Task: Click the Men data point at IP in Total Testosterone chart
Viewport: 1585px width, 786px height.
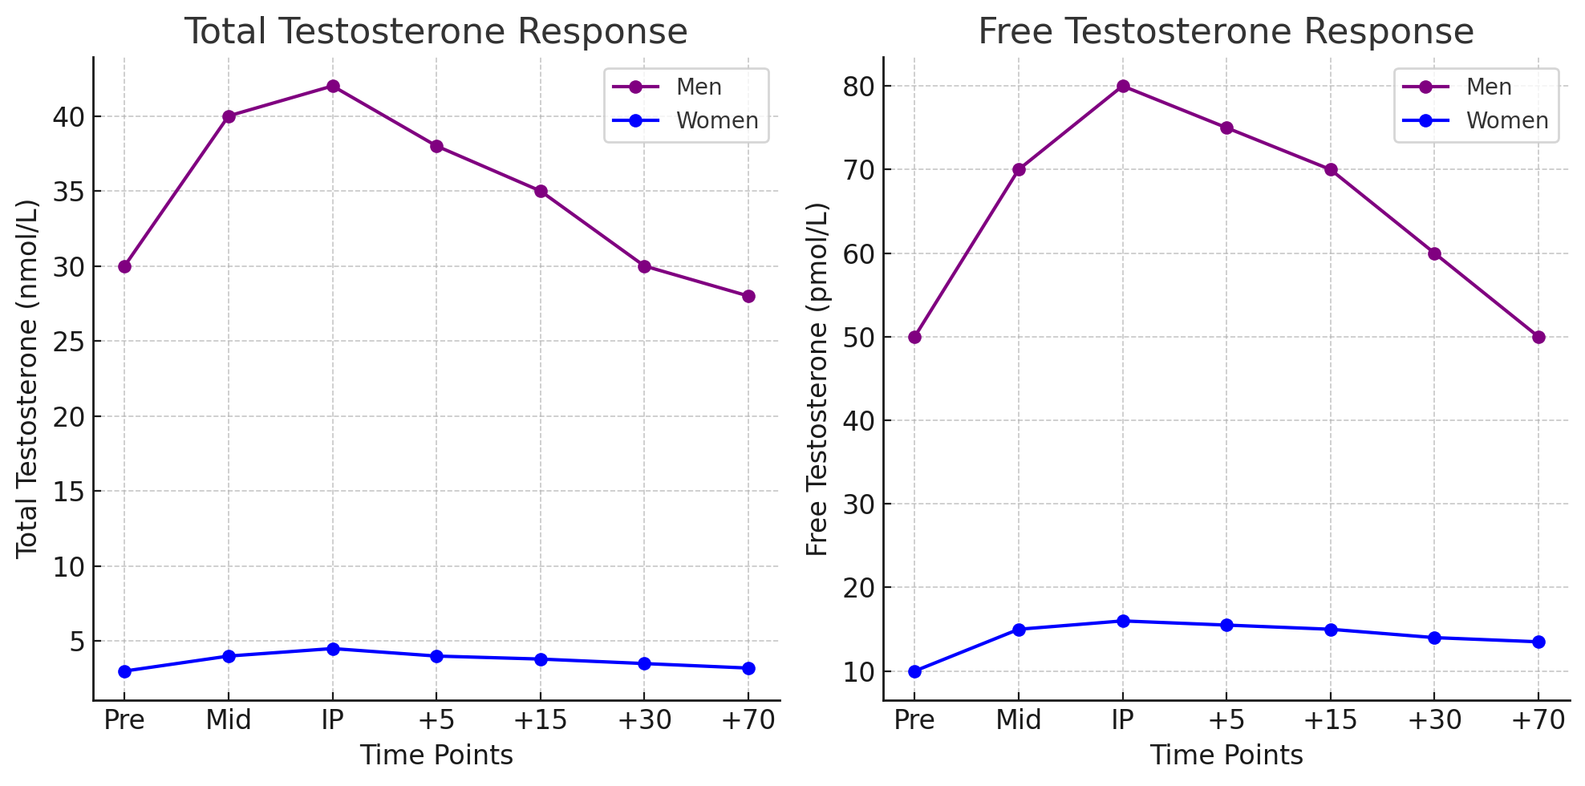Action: (x=333, y=87)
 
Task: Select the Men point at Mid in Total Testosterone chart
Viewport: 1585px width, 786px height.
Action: (x=229, y=116)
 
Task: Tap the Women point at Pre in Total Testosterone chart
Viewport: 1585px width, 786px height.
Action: (x=124, y=671)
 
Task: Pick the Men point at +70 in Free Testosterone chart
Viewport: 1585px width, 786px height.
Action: (x=1538, y=337)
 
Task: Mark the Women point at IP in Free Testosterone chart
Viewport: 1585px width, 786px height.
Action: (x=1123, y=621)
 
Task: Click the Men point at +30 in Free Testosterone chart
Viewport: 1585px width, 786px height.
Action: (x=1434, y=253)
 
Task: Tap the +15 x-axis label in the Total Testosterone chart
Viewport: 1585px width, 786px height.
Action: (x=540, y=720)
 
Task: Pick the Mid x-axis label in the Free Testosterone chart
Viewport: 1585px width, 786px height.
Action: (x=1019, y=720)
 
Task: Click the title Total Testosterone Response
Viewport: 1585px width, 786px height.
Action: (x=436, y=32)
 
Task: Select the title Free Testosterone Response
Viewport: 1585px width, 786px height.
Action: (x=1226, y=32)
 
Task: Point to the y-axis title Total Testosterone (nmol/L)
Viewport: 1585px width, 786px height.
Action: (x=27, y=379)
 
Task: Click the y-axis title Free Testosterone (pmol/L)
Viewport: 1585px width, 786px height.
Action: (x=817, y=379)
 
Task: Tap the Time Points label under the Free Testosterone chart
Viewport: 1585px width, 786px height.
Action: (x=1226, y=756)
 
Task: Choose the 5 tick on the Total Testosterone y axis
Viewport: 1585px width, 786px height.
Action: (x=77, y=642)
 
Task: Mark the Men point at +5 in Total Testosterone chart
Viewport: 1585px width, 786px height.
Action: (x=436, y=146)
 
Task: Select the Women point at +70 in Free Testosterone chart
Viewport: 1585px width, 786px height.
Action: (x=1538, y=642)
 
